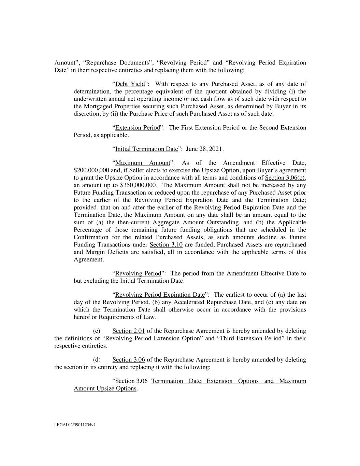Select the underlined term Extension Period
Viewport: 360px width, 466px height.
click(138, 128)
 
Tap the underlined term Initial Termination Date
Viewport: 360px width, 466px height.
click(147, 149)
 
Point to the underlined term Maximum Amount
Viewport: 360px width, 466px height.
click(143, 163)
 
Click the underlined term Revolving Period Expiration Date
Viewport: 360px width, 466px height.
click(160, 295)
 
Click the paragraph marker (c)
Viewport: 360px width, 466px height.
click(97, 331)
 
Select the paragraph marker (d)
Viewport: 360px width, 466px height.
click(97, 359)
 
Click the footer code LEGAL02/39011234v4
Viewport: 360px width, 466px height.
click(75, 425)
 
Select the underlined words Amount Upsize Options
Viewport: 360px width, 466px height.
click(105, 389)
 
